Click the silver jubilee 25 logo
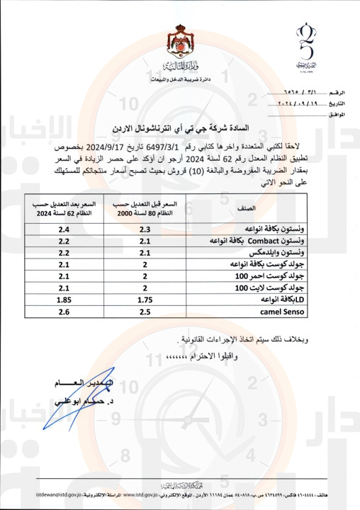[x=307, y=46]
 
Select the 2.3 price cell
[x=145, y=229]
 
